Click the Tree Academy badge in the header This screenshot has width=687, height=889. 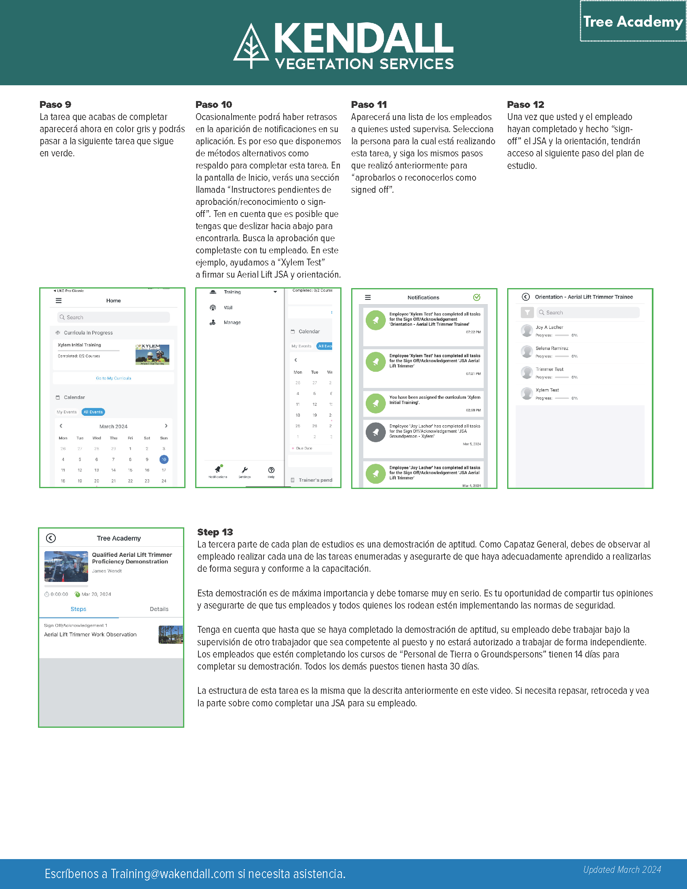click(633, 21)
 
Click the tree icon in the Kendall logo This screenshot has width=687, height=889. click(251, 47)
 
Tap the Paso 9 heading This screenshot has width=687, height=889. click(55, 105)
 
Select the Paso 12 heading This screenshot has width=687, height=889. click(525, 105)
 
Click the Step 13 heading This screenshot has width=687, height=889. click(215, 532)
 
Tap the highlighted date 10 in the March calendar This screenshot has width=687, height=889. click(164, 459)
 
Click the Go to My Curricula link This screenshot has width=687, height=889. click(114, 378)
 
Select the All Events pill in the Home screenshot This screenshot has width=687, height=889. click(93, 412)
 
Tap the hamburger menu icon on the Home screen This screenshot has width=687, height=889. click(59, 300)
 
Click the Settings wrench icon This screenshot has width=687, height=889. click(244, 470)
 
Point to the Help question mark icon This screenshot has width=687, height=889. click(272, 470)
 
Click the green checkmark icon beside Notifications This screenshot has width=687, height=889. click(476, 297)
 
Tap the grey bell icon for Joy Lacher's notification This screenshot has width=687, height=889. click(376, 432)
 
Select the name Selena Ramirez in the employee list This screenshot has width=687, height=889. click(552, 348)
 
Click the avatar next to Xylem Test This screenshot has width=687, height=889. click(527, 393)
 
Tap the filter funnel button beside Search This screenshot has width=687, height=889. click(527, 313)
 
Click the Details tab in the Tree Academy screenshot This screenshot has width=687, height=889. click(159, 609)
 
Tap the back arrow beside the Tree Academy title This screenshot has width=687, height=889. click(51, 538)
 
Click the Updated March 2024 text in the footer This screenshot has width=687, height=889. click(622, 870)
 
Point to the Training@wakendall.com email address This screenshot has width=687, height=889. click(173, 874)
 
